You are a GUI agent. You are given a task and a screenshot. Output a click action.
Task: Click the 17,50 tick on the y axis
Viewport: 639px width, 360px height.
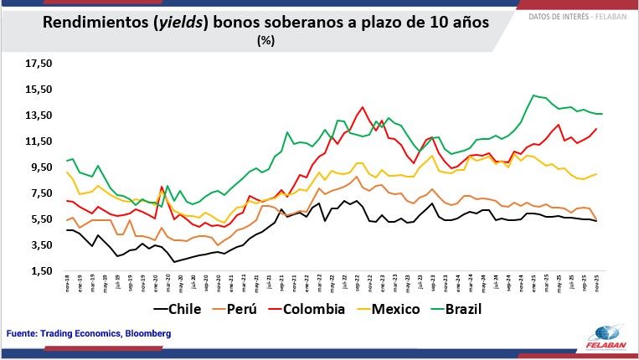[39, 64]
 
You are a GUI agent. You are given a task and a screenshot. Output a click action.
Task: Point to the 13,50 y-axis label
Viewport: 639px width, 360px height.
[39, 116]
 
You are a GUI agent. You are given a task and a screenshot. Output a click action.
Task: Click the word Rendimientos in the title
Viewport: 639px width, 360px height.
[94, 23]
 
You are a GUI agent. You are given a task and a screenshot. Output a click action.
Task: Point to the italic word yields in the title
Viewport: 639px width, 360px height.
[181, 23]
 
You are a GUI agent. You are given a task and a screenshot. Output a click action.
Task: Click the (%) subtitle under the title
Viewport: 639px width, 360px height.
[266, 39]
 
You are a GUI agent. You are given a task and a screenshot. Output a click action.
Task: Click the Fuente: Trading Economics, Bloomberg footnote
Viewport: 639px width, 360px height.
[89, 333]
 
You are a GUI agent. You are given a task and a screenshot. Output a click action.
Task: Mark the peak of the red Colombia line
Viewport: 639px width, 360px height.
[362, 107]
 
